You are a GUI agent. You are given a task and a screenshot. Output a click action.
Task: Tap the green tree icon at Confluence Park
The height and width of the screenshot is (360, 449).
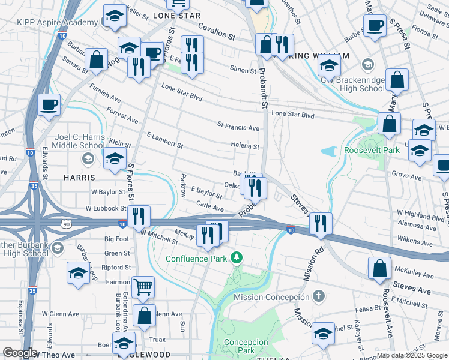237,258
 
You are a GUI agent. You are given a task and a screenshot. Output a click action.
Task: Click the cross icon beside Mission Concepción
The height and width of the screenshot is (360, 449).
319,296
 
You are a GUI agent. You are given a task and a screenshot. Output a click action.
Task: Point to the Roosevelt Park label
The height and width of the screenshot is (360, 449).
372,150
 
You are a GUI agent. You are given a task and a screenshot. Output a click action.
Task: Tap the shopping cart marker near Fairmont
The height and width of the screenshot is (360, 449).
143,287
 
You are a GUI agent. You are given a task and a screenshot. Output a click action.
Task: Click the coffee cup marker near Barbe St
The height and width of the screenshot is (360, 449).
375,26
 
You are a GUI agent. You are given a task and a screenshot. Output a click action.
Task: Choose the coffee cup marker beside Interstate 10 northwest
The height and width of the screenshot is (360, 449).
49,104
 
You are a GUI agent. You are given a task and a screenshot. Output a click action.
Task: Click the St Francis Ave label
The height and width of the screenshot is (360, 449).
238,127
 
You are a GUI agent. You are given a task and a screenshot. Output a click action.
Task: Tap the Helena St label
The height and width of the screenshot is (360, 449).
246,146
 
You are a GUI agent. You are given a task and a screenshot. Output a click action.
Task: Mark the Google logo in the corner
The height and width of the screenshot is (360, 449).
20,353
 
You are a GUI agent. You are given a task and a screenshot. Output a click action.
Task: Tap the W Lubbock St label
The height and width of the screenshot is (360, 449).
106,209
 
